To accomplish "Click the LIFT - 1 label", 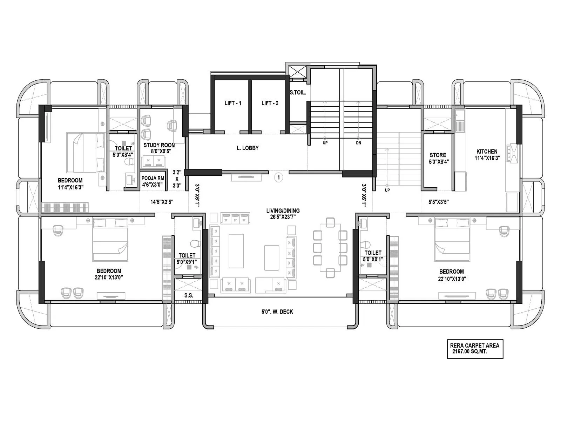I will (233, 103).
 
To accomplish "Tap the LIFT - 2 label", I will (270, 103).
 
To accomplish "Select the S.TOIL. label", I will (298, 93).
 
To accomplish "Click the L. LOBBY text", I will (248, 148).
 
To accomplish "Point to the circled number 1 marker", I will (279, 178).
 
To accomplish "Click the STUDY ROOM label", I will (159, 145).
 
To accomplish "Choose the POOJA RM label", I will (153, 178).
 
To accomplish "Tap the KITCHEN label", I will (487, 151).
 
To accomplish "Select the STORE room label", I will (438, 155).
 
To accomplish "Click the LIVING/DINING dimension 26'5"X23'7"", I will (283, 216).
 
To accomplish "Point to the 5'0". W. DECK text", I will (277, 312).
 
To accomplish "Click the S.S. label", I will (189, 295).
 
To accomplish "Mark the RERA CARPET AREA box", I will (475, 348).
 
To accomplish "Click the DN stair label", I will (358, 143).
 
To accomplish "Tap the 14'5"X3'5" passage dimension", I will (162, 202).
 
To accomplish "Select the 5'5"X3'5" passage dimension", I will (439, 202).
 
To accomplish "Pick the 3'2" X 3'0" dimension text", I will (177, 179).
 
